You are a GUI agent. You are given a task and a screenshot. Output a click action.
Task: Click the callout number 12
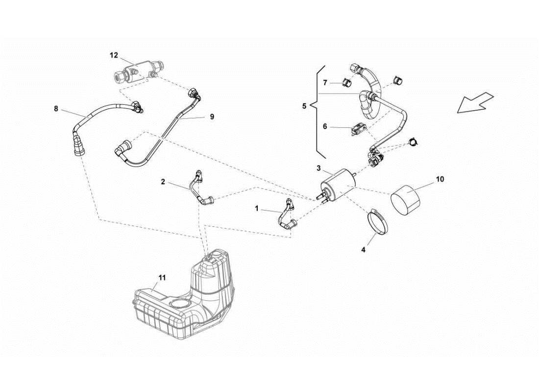[114, 55]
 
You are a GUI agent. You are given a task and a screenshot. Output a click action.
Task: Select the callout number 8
[56, 109]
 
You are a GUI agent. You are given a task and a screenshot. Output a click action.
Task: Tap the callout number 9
[212, 117]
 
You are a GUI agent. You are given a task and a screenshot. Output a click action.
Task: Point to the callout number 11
[162, 277]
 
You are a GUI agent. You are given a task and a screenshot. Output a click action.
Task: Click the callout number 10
[440, 179]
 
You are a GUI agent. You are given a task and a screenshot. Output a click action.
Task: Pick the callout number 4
[363, 249]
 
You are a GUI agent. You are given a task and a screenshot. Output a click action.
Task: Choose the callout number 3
[318, 168]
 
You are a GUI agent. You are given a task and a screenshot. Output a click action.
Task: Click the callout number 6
[325, 126]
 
